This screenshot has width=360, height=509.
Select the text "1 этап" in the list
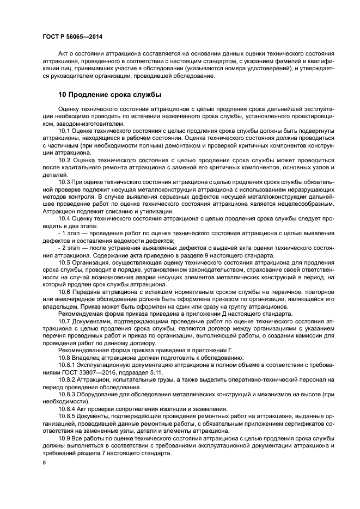click(x=71, y=233)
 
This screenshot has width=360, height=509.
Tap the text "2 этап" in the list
click(x=71, y=248)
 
